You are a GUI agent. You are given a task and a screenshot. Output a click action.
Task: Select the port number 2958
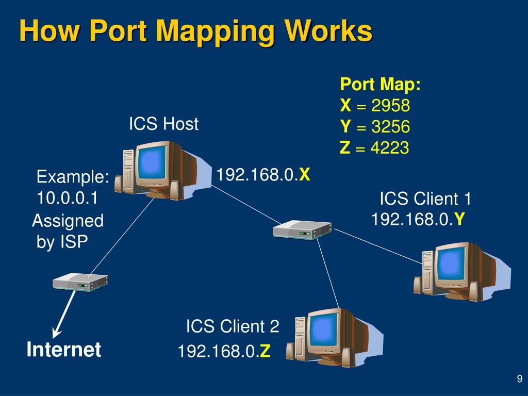click(x=391, y=105)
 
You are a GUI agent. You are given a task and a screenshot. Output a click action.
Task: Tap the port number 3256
click(x=391, y=127)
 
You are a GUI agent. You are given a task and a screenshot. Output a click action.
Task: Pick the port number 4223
click(x=390, y=147)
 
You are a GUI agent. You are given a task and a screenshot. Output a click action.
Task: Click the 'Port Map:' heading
click(x=380, y=84)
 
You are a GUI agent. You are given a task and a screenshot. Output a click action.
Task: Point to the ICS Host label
click(x=163, y=124)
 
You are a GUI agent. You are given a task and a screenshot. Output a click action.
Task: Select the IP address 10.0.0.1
click(x=67, y=197)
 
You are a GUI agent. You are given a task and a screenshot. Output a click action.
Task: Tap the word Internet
click(x=63, y=349)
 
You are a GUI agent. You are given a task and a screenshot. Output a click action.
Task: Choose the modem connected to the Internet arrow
click(x=80, y=282)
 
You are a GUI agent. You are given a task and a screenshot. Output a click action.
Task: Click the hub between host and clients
click(x=302, y=229)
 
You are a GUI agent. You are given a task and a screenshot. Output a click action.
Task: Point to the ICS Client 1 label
click(x=425, y=199)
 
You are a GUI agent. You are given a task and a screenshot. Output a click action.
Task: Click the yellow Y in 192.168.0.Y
click(x=459, y=220)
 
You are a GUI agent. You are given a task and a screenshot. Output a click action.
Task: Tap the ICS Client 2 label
click(x=233, y=326)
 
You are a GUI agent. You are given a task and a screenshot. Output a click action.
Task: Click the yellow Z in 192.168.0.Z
click(x=265, y=351)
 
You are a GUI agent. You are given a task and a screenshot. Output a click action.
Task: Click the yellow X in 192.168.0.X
click(x=304, y=175)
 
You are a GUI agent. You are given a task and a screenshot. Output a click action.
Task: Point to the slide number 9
click(x=520, y=378)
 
